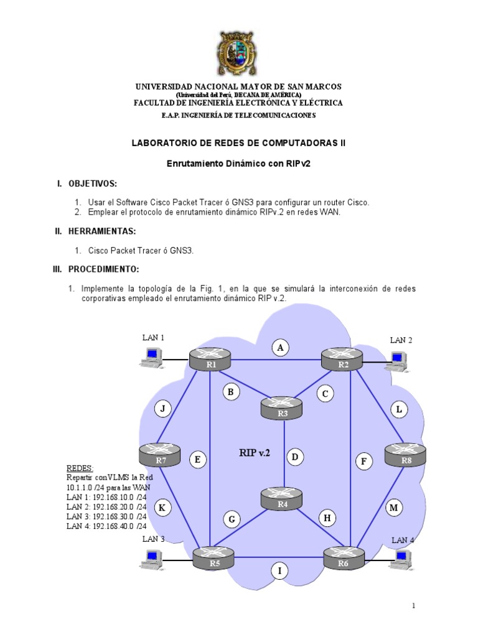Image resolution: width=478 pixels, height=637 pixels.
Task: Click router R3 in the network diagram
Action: point(283,407)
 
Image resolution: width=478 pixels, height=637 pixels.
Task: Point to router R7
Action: point(161,453)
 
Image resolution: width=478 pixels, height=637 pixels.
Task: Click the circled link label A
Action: point(281,348)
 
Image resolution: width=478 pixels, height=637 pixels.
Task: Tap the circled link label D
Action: point(295,458)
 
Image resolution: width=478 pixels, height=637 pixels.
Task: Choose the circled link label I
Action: point(280,570)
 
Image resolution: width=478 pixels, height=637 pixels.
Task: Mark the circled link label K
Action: point(162,508)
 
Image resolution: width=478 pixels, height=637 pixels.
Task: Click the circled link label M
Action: point(393,508)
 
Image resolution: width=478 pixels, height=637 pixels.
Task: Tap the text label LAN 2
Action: point(401,340)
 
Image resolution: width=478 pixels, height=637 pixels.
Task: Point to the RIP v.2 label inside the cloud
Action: point(255,452)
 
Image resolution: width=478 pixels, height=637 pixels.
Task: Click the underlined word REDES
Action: point(80,468)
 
